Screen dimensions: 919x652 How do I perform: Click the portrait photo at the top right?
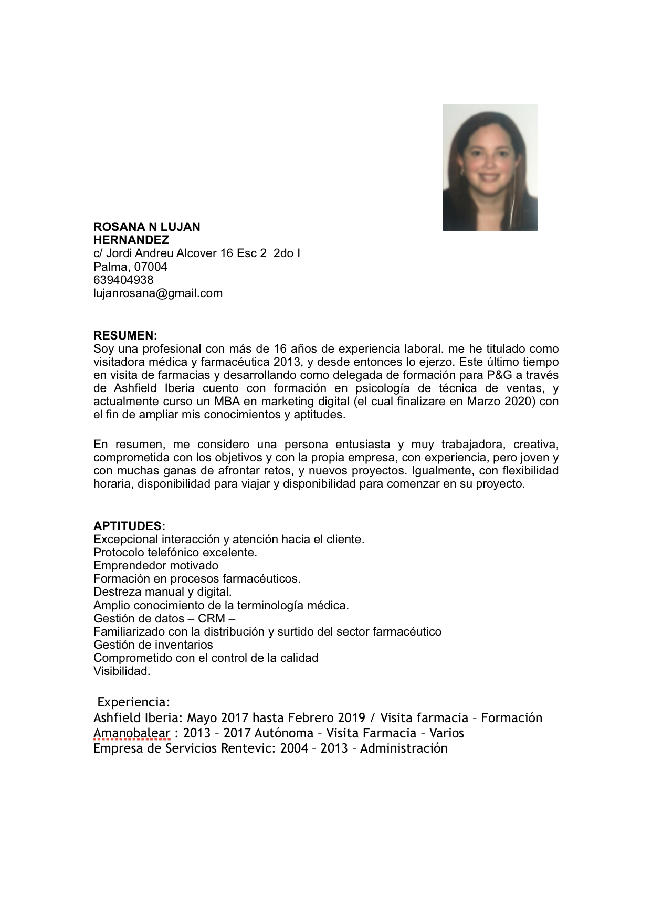(x=489, y=167)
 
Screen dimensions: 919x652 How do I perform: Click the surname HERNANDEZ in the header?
(x=131, y=240)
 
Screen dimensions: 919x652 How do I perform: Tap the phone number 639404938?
(x=123, y=280)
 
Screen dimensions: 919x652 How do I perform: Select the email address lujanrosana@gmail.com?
(x=158, y=293)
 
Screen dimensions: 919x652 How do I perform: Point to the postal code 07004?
(x=151, y=267)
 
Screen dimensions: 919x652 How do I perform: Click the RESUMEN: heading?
(x=125, y=335)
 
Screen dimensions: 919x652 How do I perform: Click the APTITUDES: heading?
(x=129, y=526)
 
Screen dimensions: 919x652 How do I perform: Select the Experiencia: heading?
(x=134, y=702)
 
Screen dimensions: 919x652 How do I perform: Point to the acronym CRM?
(x=212, y=618)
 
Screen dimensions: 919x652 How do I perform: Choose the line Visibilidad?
(x=122, y=671)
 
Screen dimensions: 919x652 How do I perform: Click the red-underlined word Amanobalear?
(x=132, y=733)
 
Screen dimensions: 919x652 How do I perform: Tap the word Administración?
(x=404, y=748)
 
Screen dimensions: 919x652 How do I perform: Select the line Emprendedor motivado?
(x=156, y=565)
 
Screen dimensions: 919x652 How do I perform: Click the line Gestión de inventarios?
(x=153, y=645)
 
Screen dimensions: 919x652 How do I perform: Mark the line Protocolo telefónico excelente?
(x=175, y=552)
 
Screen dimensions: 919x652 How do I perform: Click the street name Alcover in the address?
(x=196, y=253)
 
